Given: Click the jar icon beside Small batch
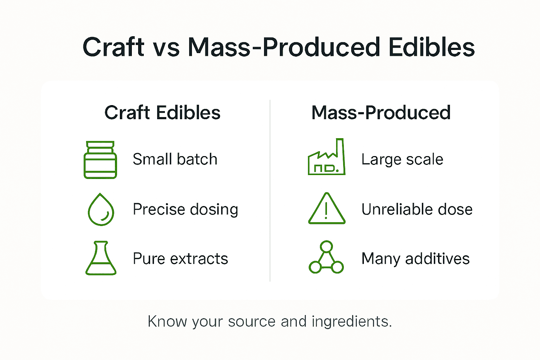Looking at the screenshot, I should click(101, 160).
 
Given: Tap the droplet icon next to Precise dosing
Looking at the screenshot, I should click(101, 210).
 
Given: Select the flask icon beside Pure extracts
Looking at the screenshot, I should click(101, 258).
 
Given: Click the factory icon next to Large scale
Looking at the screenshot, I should click(327, 158).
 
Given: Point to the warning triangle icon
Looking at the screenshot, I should click(327, 209).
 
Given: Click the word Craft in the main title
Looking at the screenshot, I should click(113, 47).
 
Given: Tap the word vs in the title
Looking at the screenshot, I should click(166, 48).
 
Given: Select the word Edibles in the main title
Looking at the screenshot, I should click(431, 47).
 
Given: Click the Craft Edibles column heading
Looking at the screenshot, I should click(162, 112).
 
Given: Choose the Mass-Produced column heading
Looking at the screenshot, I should click(381, 112).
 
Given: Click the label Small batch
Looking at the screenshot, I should click(175, 159).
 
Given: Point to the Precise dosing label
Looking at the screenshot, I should click(185, 210).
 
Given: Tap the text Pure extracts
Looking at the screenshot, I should click(180, 259).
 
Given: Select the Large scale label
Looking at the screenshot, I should click(402, 160).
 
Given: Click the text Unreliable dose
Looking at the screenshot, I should click(417, 210).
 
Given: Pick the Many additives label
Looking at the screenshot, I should click(416, 259).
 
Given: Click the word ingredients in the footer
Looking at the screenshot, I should click(351, 322).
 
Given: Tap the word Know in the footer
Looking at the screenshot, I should click(167, 321).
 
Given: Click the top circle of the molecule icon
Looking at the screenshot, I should click(327, 246).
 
